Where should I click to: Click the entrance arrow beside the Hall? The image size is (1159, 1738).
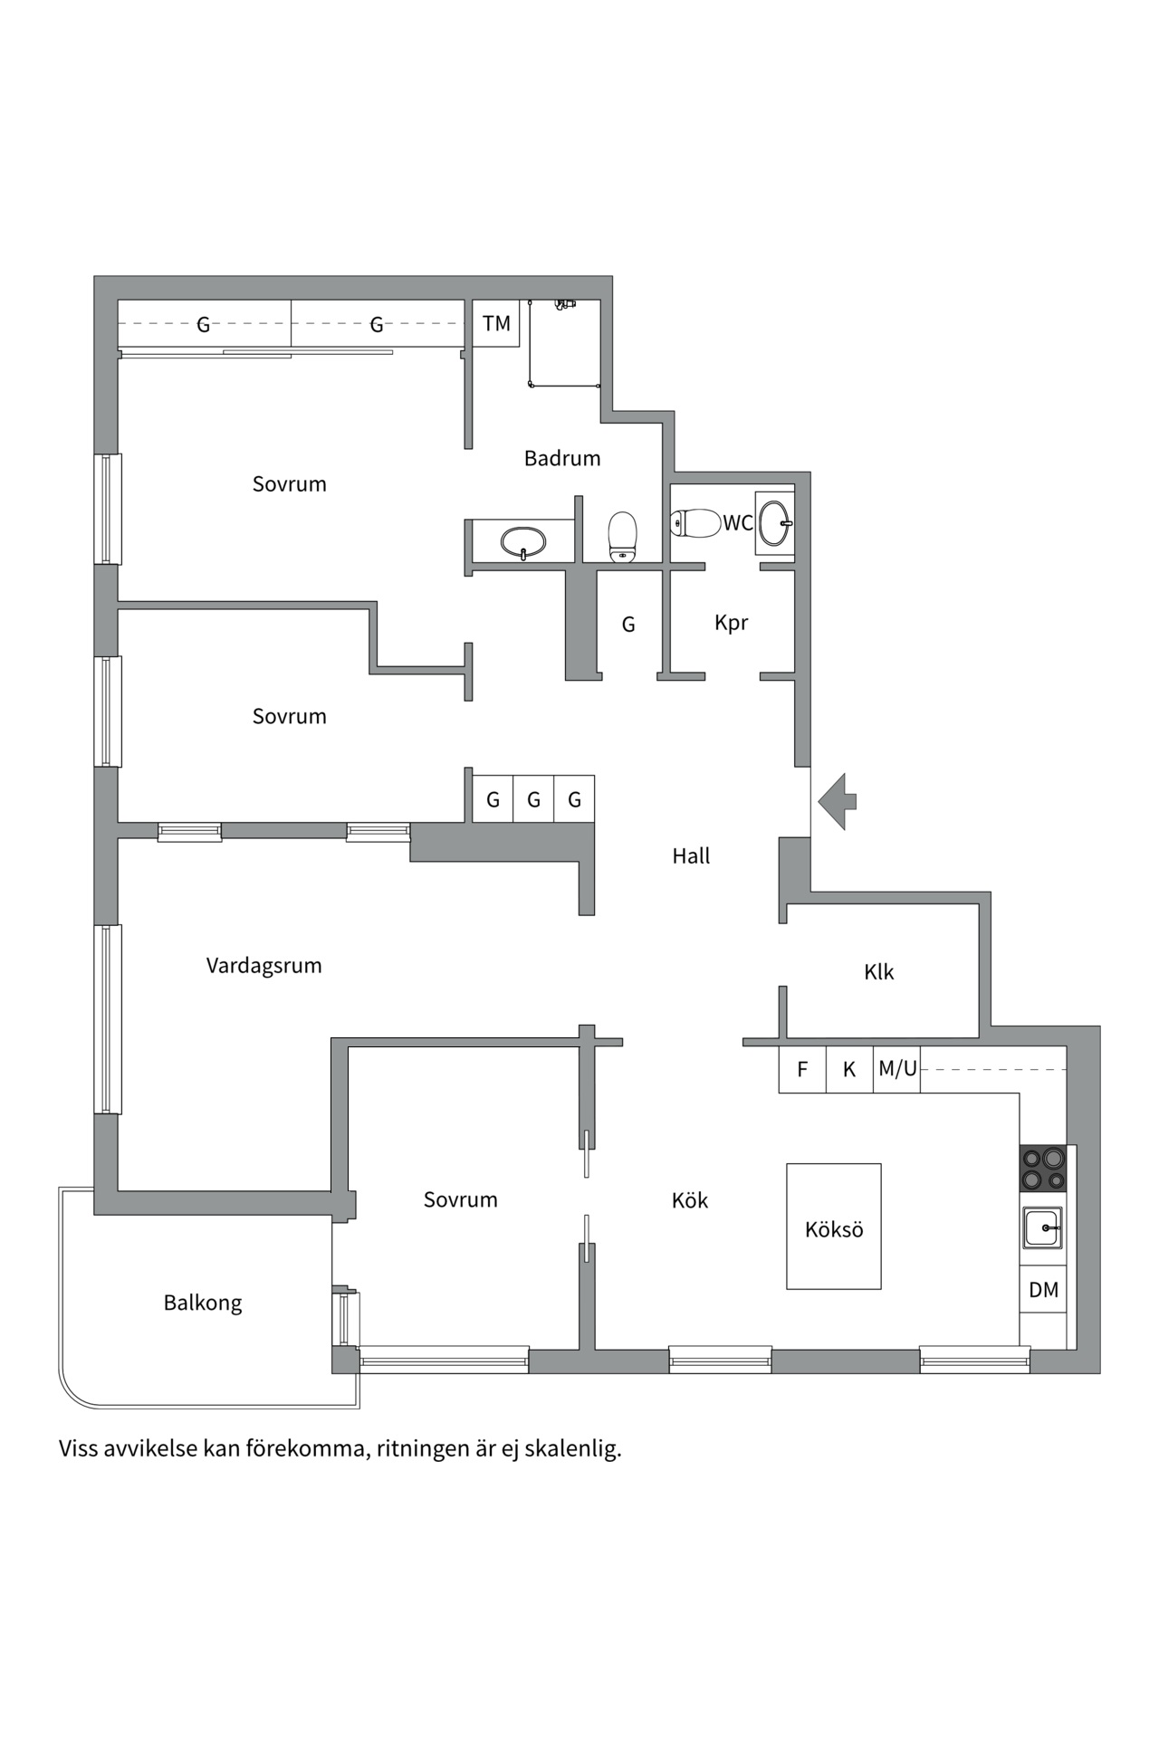pyautogui.click(x=838, y=801)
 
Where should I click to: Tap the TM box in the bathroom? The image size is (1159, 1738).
pyautogui.click(x=496, y=323)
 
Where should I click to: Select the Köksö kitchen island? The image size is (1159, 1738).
pyautogui.click(x=833, y=1227)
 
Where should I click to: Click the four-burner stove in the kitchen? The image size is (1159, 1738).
pyautogui.click(x=1043, y=1168)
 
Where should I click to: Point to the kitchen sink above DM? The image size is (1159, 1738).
pyautogui.click(x=1043, y=1228)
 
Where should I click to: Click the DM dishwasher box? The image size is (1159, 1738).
pyautogui.click(x=1043, y=1289)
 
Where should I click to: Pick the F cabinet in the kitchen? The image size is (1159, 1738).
pyautogui.click(x=802, y=1069)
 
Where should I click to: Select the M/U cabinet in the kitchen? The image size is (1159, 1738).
pyautogui.click(x=897, y=1069)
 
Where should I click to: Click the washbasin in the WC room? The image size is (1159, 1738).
pyautogui.click(x=775, y=522)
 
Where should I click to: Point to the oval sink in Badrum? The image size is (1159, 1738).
pyautogui.click(x=523, y=541)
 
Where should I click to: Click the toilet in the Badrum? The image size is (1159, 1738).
pyautogui.click(x=622, y=536)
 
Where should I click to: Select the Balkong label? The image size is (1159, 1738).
pyautogui.click(x=203, y=1303)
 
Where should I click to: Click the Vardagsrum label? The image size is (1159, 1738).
pyautogui.click(x=263, y=965)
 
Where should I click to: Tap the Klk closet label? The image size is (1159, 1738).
pyautogui.click(x=878, y=972)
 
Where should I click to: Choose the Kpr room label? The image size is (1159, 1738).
pyautogui.click(x=731, y=623)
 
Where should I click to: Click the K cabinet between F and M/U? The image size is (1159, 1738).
pyautogui.click(x=849, y=1069)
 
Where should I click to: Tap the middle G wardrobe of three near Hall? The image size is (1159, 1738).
pyautogui.click(x=533, y=799)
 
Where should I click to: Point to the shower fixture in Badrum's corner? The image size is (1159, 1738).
pyautogui.click(x=565, y=305)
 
